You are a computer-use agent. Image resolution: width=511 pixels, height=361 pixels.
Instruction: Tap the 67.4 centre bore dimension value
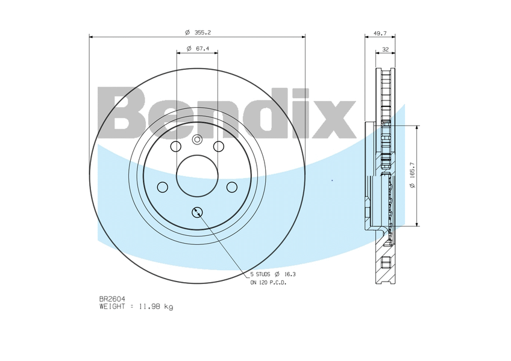(202, 49)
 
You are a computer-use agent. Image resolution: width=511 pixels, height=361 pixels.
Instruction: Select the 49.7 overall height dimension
(380, 33)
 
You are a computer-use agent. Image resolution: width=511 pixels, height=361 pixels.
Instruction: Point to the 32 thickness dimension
(386, 49)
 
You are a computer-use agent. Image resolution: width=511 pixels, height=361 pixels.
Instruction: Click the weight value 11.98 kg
(156, 307)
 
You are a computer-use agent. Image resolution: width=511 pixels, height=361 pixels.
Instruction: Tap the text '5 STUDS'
(260, 274)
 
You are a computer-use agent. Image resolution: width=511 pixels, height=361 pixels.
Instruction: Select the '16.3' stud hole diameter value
(290, 274)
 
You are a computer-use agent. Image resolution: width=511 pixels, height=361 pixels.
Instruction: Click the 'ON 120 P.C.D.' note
(268, 283)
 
